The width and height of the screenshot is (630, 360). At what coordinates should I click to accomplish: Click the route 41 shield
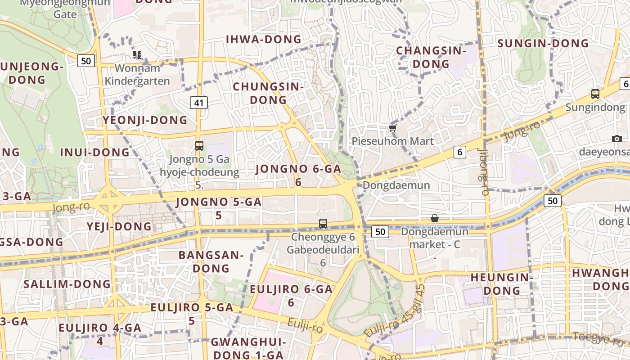tap(199, 103)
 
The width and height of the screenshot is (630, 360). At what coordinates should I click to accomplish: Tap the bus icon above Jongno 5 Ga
tap(199, 145)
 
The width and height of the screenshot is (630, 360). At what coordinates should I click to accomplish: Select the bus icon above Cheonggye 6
tap(323, 223)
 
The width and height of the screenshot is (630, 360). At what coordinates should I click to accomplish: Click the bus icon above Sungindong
tap(595, 94)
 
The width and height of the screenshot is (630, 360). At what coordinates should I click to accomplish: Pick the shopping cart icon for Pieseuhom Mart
tap(393, 128)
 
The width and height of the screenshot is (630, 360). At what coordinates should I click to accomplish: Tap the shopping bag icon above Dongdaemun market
tap(435, 219)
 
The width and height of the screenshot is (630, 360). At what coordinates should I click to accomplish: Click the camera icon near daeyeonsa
tap(617, 139)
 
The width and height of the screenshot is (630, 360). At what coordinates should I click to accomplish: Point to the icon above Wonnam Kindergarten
tap(137, 55)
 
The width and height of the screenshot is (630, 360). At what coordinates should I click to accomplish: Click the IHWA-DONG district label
tap(264, 40)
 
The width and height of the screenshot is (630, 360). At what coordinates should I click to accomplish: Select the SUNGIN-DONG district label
tap(543, 44)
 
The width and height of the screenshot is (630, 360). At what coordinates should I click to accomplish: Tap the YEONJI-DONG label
tap(145, 120)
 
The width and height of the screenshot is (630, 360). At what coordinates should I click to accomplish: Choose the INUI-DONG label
tap(95, 153)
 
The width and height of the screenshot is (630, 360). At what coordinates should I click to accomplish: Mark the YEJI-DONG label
tap(119, 226)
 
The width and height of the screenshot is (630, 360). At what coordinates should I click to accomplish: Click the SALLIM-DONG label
tap(67, 284)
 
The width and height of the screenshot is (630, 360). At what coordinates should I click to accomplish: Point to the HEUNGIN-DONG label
tap(502, 283)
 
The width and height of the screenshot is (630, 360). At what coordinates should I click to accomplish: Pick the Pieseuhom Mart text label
tap(393, 141)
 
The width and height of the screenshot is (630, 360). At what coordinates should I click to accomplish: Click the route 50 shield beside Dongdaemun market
tap(380, 232)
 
